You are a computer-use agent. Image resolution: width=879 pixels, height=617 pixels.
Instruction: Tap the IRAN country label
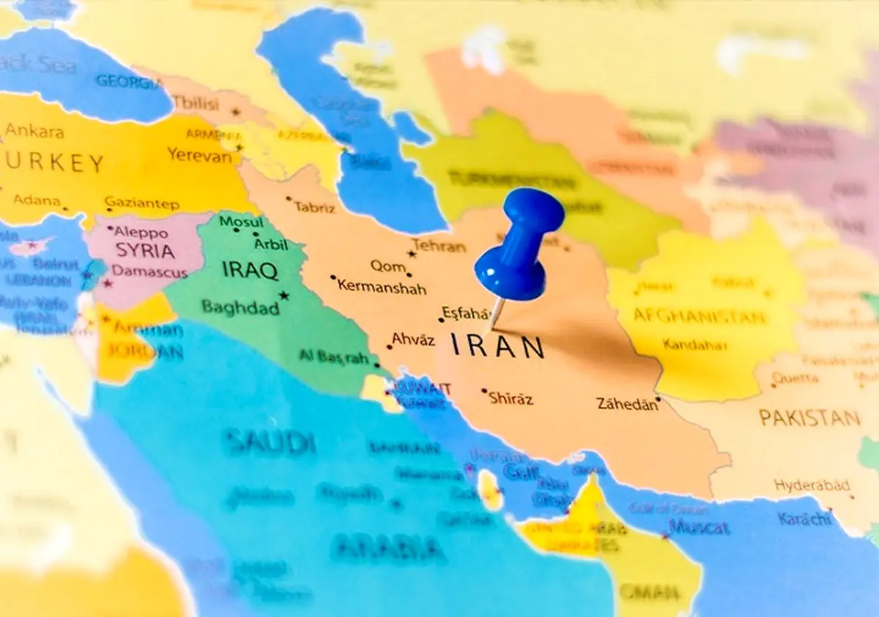point(497,346)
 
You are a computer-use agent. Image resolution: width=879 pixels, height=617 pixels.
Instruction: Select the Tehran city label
point(439,247)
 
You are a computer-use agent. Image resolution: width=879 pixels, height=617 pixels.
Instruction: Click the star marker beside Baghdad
point(284,296)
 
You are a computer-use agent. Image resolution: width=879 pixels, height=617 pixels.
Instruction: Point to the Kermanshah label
point(382,286)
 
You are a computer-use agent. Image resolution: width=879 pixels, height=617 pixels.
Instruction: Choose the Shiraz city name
point(511,399)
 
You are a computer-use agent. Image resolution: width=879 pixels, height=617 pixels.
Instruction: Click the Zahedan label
point(627,404)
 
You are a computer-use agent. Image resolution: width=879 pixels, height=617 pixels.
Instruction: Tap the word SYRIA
point(145,251)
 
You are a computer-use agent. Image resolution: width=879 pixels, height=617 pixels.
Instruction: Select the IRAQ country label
point(250,272)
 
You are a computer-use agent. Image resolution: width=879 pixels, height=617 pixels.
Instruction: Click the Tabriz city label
point(314,207)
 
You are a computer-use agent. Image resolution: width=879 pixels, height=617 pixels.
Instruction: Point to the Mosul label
point(241,222)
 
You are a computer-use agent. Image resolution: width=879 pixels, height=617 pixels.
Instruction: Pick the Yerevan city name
point(199,154)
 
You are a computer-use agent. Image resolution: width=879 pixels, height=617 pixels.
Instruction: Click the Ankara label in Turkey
point(34,132)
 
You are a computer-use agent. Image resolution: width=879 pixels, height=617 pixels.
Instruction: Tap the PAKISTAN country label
point(809,418)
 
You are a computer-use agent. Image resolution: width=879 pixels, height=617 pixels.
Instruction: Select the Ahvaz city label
point(413,339)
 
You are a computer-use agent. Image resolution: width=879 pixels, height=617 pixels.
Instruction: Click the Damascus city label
point(149,272)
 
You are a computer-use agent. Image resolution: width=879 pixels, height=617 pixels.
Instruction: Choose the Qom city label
point(387,266)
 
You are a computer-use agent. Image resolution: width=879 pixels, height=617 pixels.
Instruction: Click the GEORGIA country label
point(127,82)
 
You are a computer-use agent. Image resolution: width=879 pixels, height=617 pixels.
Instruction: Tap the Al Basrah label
point(334,357)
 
